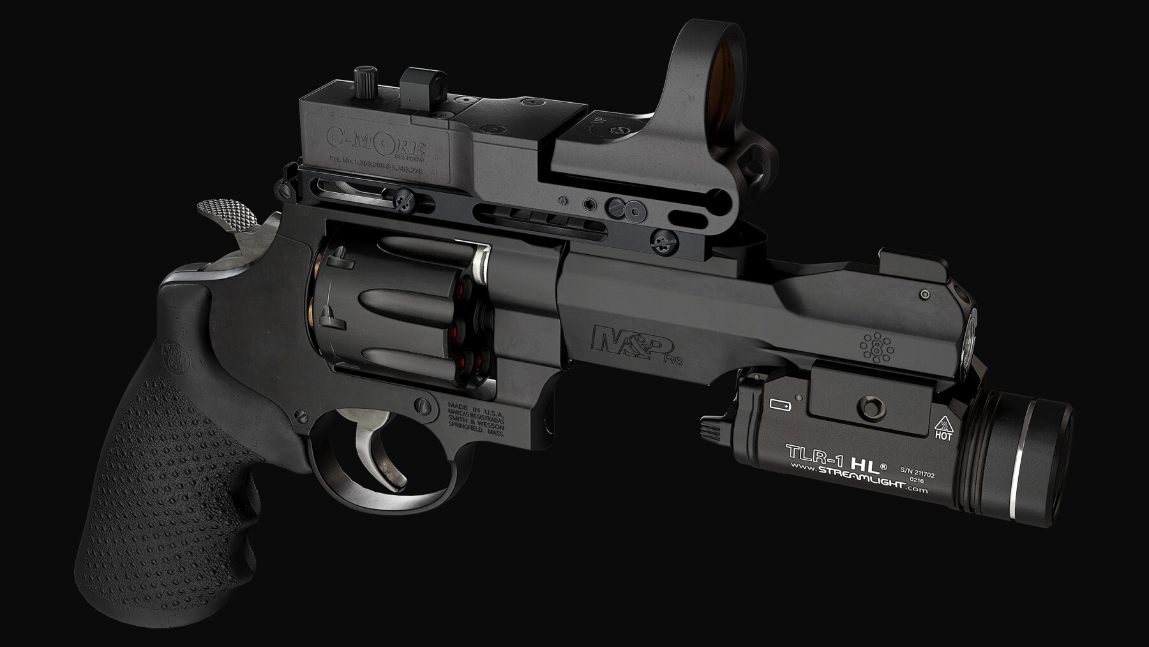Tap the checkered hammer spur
coord(226,213)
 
